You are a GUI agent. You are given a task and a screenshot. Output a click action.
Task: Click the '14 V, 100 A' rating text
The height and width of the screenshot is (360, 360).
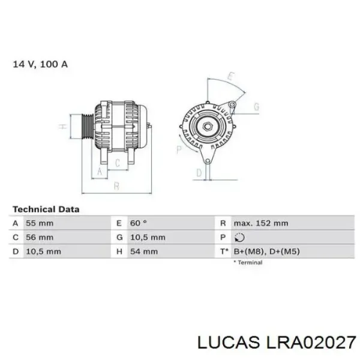pos(40,64)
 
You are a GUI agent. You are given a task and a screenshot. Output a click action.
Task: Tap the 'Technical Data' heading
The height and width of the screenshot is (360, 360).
pos(46,209)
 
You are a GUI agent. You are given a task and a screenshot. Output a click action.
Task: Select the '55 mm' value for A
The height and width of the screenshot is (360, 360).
pos(40,223)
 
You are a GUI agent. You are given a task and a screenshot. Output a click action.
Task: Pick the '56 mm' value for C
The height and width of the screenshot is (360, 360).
pos(40,238)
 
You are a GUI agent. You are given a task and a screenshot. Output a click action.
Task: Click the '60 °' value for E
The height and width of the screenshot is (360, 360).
pos(139,223)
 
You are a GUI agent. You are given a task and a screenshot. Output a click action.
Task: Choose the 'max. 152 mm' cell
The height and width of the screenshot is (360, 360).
pos(261,223)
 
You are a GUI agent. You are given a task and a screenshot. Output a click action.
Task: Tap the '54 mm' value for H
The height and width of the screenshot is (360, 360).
pos(144,251)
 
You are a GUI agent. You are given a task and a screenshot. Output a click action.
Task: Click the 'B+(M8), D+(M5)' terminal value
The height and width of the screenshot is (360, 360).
pos(267,251)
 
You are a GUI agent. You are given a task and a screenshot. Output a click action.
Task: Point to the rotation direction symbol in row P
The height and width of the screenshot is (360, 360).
pos(239,238)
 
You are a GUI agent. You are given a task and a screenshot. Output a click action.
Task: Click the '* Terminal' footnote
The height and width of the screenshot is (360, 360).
pos(248,262)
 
